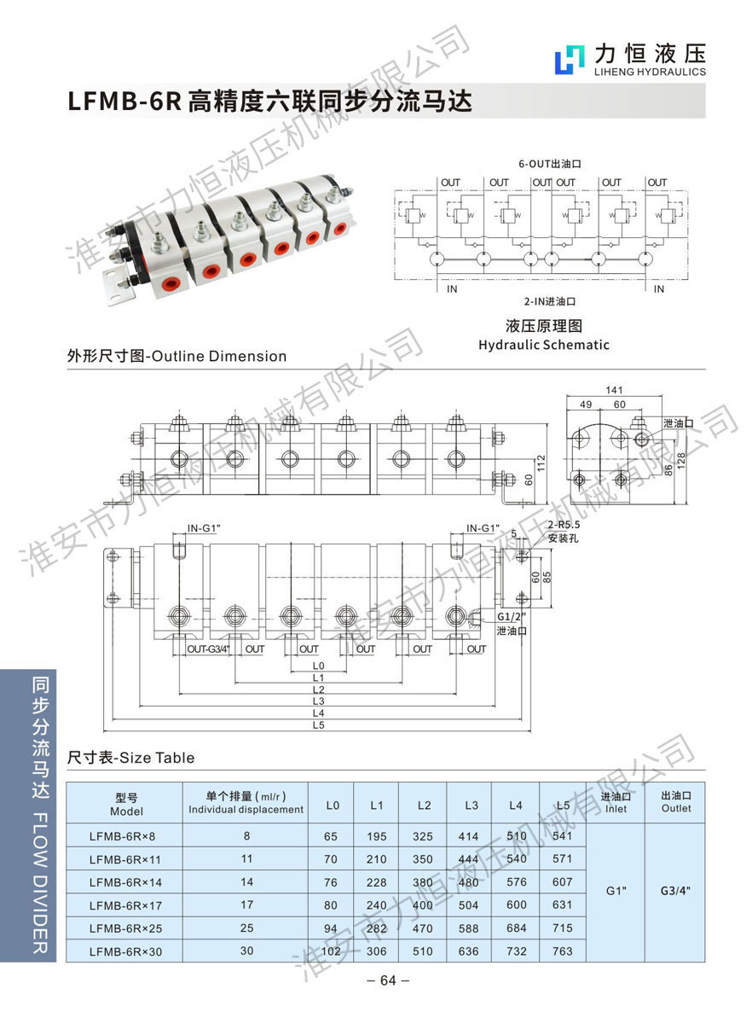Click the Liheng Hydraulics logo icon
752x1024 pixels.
tap(567, 61)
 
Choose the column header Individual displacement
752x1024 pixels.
tap(246, 809)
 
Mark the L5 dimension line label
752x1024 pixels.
tap(318, 724)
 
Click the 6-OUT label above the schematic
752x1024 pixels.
tap(536, 163)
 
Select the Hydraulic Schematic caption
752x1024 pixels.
tap(543, 345)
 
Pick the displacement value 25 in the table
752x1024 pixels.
tap(247, 928)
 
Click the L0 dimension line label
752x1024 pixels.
tap(318, 665)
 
